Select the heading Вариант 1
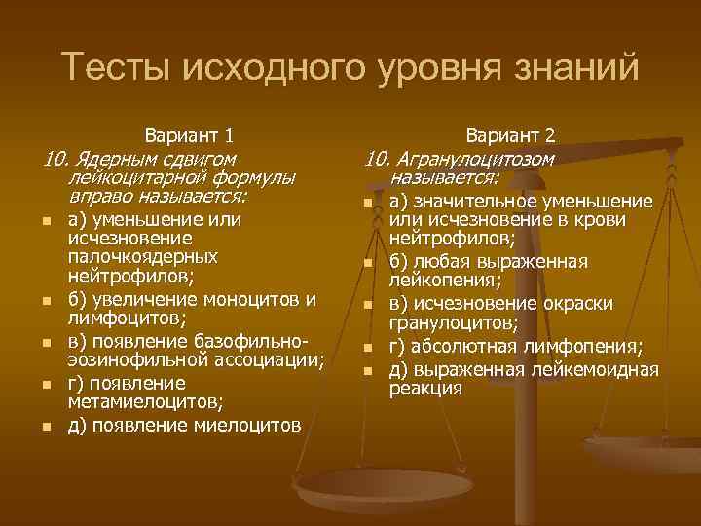click(188, 133)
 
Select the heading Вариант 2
click(510, 133)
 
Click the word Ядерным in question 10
click(111, 157)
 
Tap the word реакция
click(424, 388)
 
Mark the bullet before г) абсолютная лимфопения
click(369, 348)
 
